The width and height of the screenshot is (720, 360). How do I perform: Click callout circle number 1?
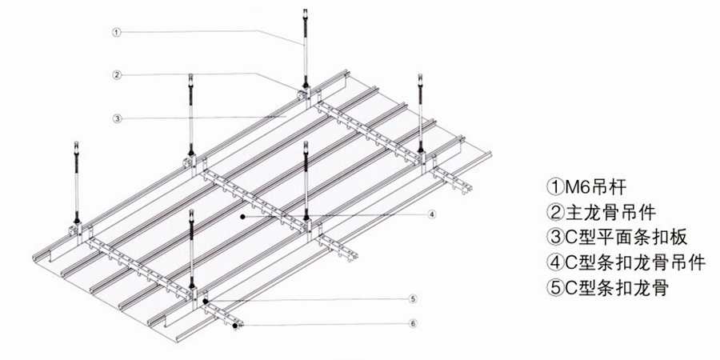pyautogui.click(x=117, y=32)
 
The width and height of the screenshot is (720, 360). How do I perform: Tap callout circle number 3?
pyautogui.click(x=117, y=118)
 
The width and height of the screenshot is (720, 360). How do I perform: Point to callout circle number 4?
pyautogui.click(x=431, y=214)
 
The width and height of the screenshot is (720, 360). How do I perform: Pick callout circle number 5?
pyautogui.click(x=413, y=299)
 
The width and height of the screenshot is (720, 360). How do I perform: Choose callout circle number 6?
pyautogui.click(x=413, y=324)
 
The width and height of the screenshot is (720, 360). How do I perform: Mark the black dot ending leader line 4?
pyautogui.click(x=242, y=216)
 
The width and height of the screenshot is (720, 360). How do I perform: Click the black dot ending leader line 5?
pyautogui.click(x=206, y=302)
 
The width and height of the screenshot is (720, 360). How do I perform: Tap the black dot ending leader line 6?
pyautogui.click(x=235, y=326)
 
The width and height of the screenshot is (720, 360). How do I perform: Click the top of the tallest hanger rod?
pyautogui.click(x=306, y=10)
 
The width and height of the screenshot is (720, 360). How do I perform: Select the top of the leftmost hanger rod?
pyautogui.click(x=76, y=143)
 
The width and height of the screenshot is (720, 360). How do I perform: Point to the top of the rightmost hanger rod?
pyautogui.click(x=420, y=76)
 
